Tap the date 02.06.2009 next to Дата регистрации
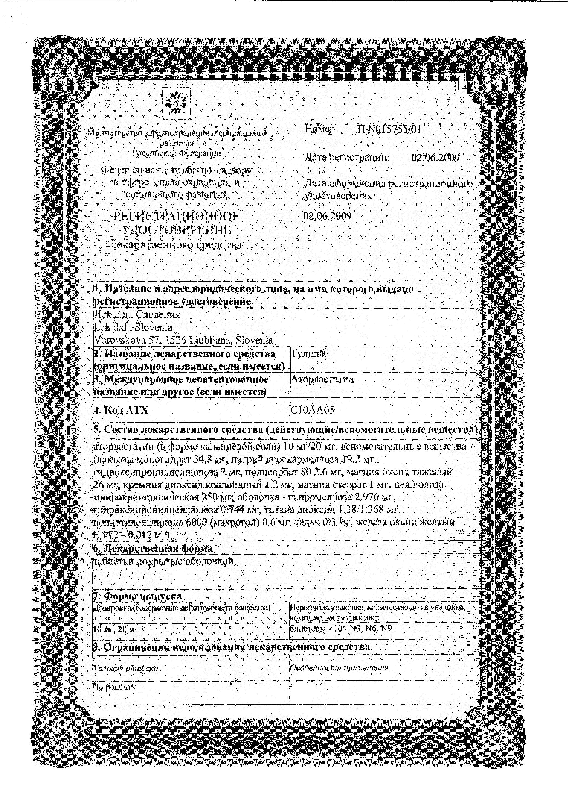click(435, 157)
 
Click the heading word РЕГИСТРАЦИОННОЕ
click(176, 216)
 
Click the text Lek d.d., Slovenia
click(133, 327)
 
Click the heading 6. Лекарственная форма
click(153, 548)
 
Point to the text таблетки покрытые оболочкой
click(163, 561)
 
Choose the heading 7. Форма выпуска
click(137, 596)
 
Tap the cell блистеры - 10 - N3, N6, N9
click(340, 628)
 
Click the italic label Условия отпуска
click(125, 669)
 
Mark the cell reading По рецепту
click(114, 687)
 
